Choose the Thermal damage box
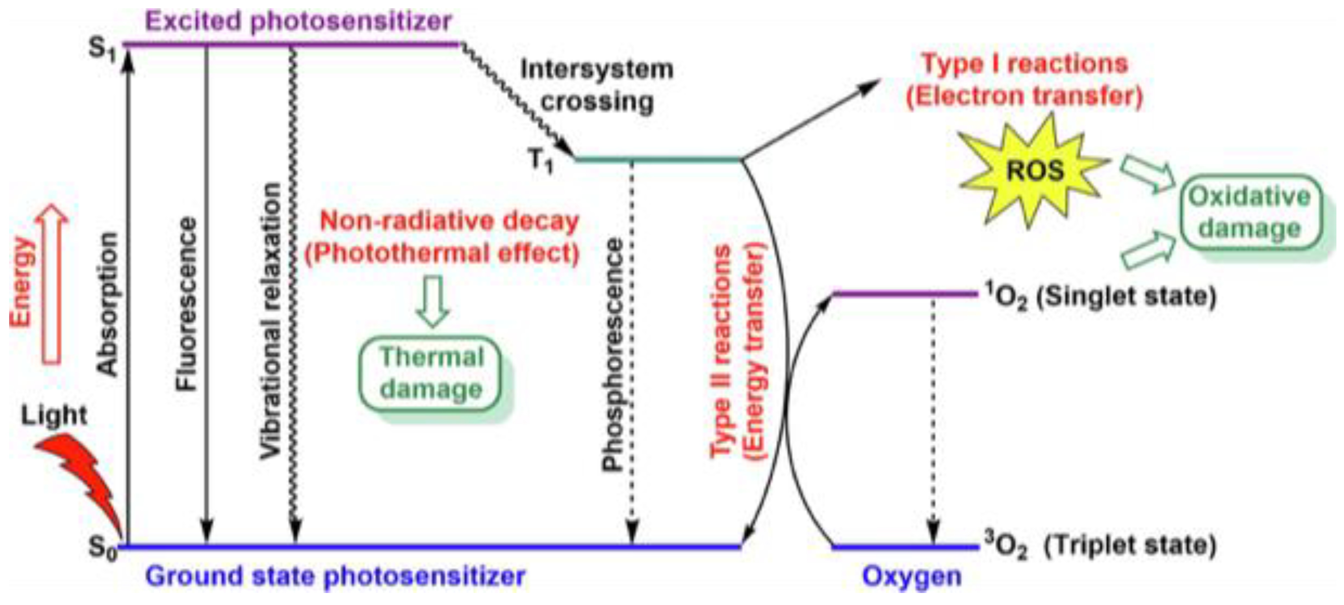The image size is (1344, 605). tap(431, 373)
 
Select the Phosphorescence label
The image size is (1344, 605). tap(612, 355)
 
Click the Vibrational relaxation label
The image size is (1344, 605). tap(270, 321)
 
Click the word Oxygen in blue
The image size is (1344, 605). tap(911, 576)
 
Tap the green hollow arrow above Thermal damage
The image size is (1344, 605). tap(433, 300)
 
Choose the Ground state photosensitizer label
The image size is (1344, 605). tap(335, 576)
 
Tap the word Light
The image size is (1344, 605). tap(54, 416)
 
